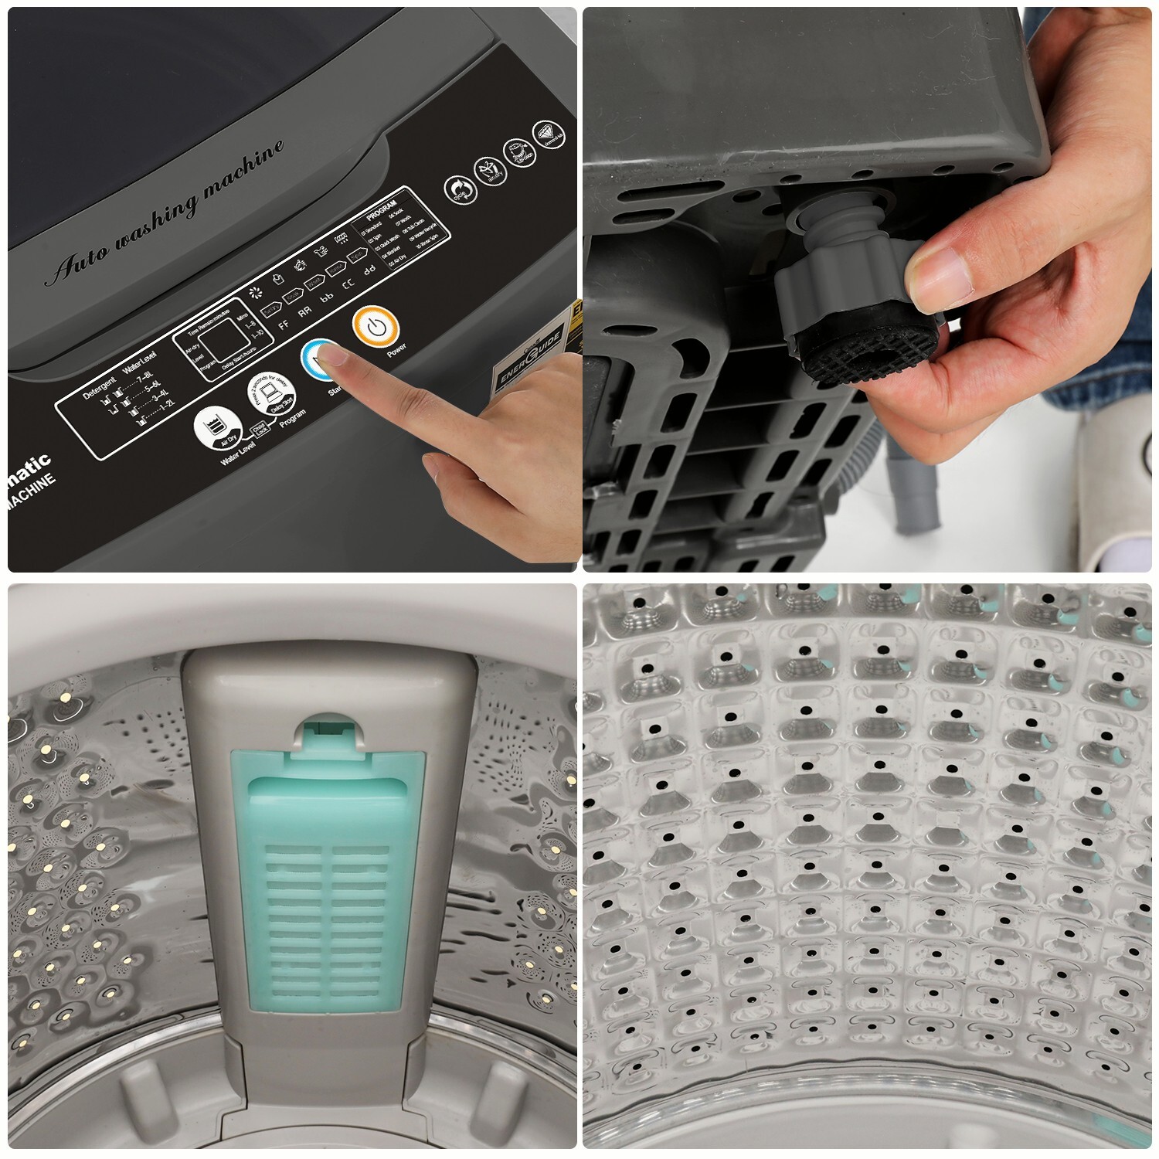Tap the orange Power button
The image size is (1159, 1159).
376,328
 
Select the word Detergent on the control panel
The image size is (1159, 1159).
100,389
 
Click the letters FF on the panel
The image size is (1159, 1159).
284,325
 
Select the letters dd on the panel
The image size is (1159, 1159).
369,269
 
